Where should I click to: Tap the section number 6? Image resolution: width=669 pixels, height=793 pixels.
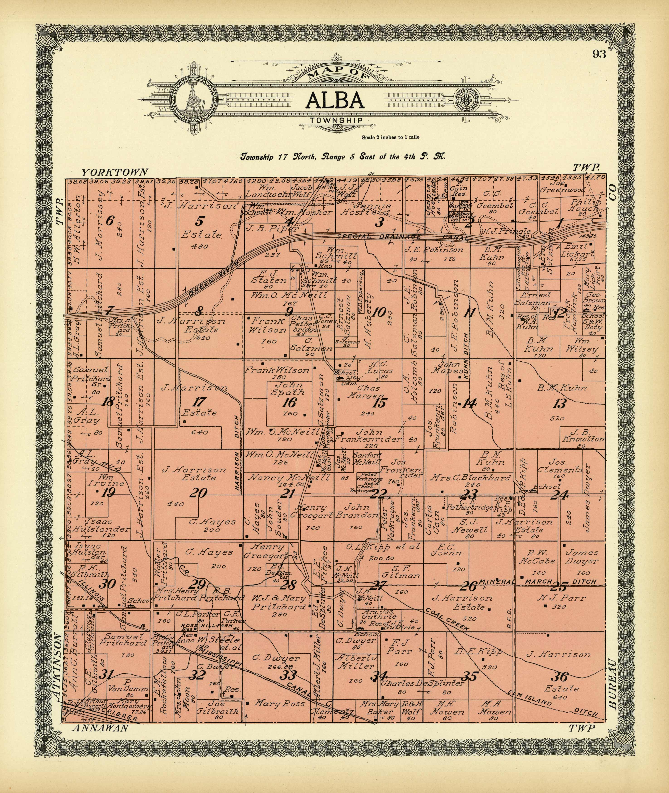tap(109, 220)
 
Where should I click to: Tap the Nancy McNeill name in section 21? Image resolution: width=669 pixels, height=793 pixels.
tap(289, 478)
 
